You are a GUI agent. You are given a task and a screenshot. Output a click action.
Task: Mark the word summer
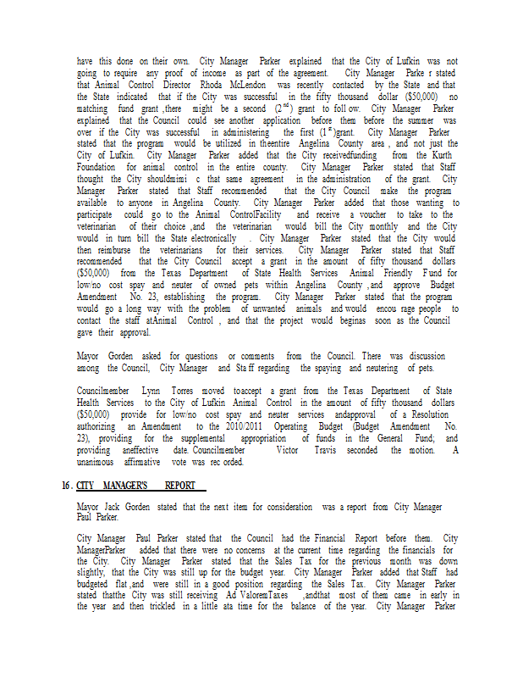coord(415,120)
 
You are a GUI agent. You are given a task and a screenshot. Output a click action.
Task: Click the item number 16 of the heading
coord(65,486)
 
